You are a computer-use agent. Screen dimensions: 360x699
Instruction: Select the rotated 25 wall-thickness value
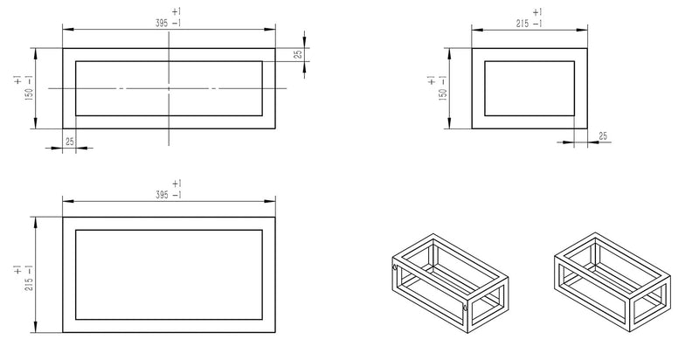tap(297, 54)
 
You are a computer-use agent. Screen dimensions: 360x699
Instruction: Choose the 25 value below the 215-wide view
tap(603, 136)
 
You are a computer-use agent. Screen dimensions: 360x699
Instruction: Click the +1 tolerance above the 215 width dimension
tap(536, 11)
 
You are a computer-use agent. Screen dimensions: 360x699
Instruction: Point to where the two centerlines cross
tap(169, 88)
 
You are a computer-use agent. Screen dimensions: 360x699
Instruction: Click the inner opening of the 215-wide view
tap(529, 88)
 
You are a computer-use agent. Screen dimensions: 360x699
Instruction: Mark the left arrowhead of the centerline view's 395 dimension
tap(66, 29)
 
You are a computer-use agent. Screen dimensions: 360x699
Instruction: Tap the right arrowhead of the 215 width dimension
tap(584, 29)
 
